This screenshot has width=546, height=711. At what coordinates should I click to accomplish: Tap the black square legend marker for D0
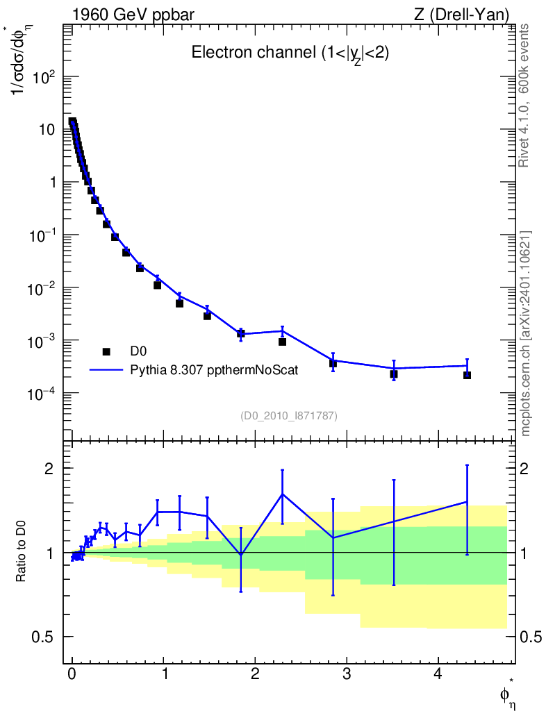(106, 352)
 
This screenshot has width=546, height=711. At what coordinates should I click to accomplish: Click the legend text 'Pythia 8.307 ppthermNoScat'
(215, 370)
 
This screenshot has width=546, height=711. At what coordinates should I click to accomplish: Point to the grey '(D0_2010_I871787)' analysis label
(289, 416)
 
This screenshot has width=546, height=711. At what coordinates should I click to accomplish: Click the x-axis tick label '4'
(438, 675)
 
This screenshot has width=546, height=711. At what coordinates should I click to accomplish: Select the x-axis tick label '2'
(255, 675)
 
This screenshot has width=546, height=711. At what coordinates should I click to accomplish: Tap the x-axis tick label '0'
(72, 675)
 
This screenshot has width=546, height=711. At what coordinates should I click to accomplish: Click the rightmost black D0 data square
(467, 375)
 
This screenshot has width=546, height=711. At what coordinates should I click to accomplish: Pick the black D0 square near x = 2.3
(282, 342)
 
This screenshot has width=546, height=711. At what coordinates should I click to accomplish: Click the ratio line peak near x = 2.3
(282, 494)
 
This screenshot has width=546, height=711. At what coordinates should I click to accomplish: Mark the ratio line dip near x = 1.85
(241, 554)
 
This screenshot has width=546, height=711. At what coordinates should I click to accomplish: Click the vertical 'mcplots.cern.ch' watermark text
(526, 333)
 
